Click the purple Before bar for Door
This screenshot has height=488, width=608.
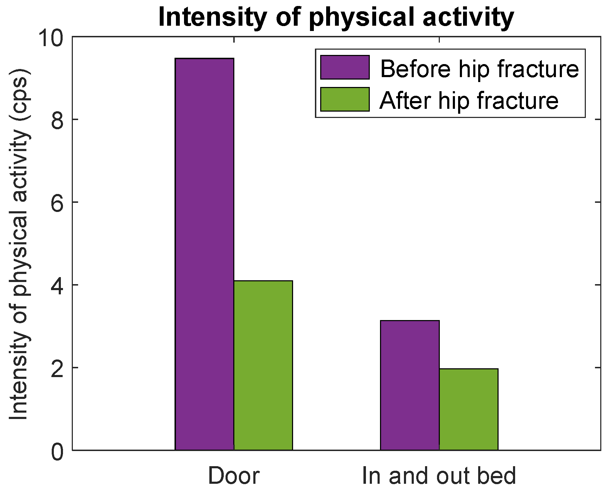[204, 254]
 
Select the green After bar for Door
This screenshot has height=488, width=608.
[263, 365]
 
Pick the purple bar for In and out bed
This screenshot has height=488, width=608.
[410, 386]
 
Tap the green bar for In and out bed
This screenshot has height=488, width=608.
[469, 409]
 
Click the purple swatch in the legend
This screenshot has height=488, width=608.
[345, 67]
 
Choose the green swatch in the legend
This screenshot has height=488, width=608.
[345, 99]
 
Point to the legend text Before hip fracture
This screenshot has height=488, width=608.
[479, 68]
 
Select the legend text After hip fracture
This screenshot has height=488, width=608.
[469, 101]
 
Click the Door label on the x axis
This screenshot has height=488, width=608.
[234, 476]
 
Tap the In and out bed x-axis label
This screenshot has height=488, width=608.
[439, 476]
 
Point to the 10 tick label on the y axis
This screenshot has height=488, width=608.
[52, 37]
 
